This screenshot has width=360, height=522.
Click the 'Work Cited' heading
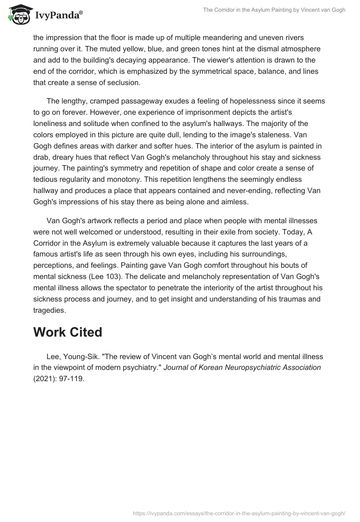click(x=67, y=332)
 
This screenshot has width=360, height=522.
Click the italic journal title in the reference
click(x=242, y=368)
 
